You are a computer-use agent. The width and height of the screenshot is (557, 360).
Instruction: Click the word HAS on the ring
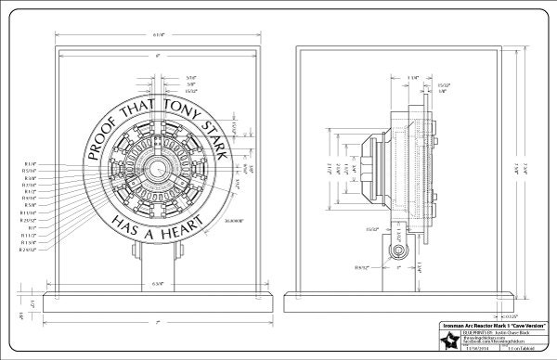[x=123, y=224]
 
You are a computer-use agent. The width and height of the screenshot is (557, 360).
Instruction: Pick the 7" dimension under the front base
[x=159, y=321]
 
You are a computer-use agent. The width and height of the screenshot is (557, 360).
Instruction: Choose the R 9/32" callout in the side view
[x=361, y=266]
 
